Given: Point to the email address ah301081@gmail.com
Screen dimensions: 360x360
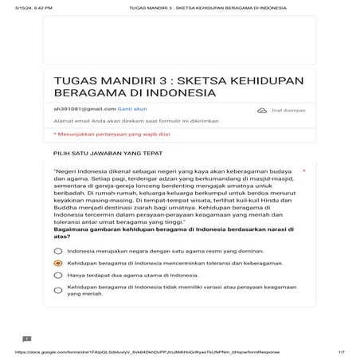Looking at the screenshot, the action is [x=83, y=108].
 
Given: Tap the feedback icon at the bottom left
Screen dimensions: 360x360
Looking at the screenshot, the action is [x=26, y=339].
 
